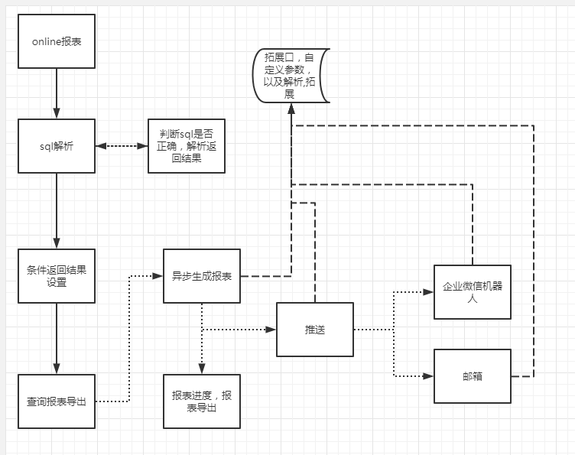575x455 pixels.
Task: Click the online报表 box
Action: [57, 41]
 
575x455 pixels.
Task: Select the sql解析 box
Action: [57, 146]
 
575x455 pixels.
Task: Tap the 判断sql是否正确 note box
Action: [186, 146]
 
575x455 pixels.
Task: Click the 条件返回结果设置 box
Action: [57, 275]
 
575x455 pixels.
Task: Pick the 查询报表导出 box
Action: [57, 401]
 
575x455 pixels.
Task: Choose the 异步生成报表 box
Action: [202, 276]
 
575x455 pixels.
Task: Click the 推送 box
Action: [315, 330]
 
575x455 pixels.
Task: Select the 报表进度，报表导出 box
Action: [202, 401]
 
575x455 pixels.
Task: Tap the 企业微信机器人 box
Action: [472, 291]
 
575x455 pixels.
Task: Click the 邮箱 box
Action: [472, 376]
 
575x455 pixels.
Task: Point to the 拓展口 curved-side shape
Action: [291, 75]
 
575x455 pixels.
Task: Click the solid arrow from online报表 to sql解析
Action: [57, 92]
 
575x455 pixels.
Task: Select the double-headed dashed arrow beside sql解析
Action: [122, 146]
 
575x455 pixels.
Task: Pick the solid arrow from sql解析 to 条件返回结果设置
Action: [57, 210]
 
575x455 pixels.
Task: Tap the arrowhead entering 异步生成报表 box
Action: [158, 276]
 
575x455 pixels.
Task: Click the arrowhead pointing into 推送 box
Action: [271, 330]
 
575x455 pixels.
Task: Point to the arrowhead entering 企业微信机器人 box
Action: [429, 291]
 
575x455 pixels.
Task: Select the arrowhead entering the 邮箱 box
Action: [429, 376]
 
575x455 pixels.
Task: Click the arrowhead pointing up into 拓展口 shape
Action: [291, 108]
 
